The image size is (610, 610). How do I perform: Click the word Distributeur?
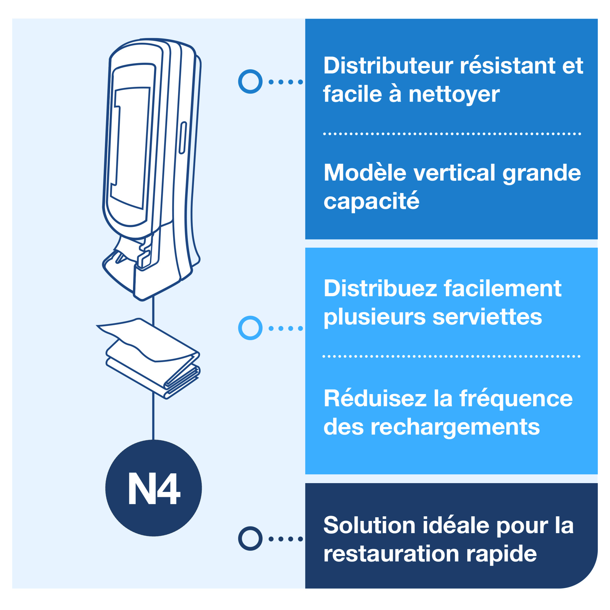[x=388, y=66]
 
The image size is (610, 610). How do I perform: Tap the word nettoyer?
[x=454, y=95]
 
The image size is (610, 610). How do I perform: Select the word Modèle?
[x=365, y=173]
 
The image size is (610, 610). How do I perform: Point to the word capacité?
[x=371, y=201]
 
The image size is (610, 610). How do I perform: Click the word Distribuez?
[x=380, y=289]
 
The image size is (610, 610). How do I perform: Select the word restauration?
[x=391, y=554]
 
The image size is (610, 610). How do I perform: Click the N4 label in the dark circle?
[x=154, y=488]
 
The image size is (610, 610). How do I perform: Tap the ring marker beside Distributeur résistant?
[x=250, y=81]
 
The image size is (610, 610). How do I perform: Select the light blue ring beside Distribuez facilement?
[x=250, y=328]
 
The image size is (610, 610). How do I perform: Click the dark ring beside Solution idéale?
[x=250, y=539]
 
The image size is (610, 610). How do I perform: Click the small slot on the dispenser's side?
[x=182, y=138]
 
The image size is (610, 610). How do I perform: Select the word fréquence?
[x=515, y=398]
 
